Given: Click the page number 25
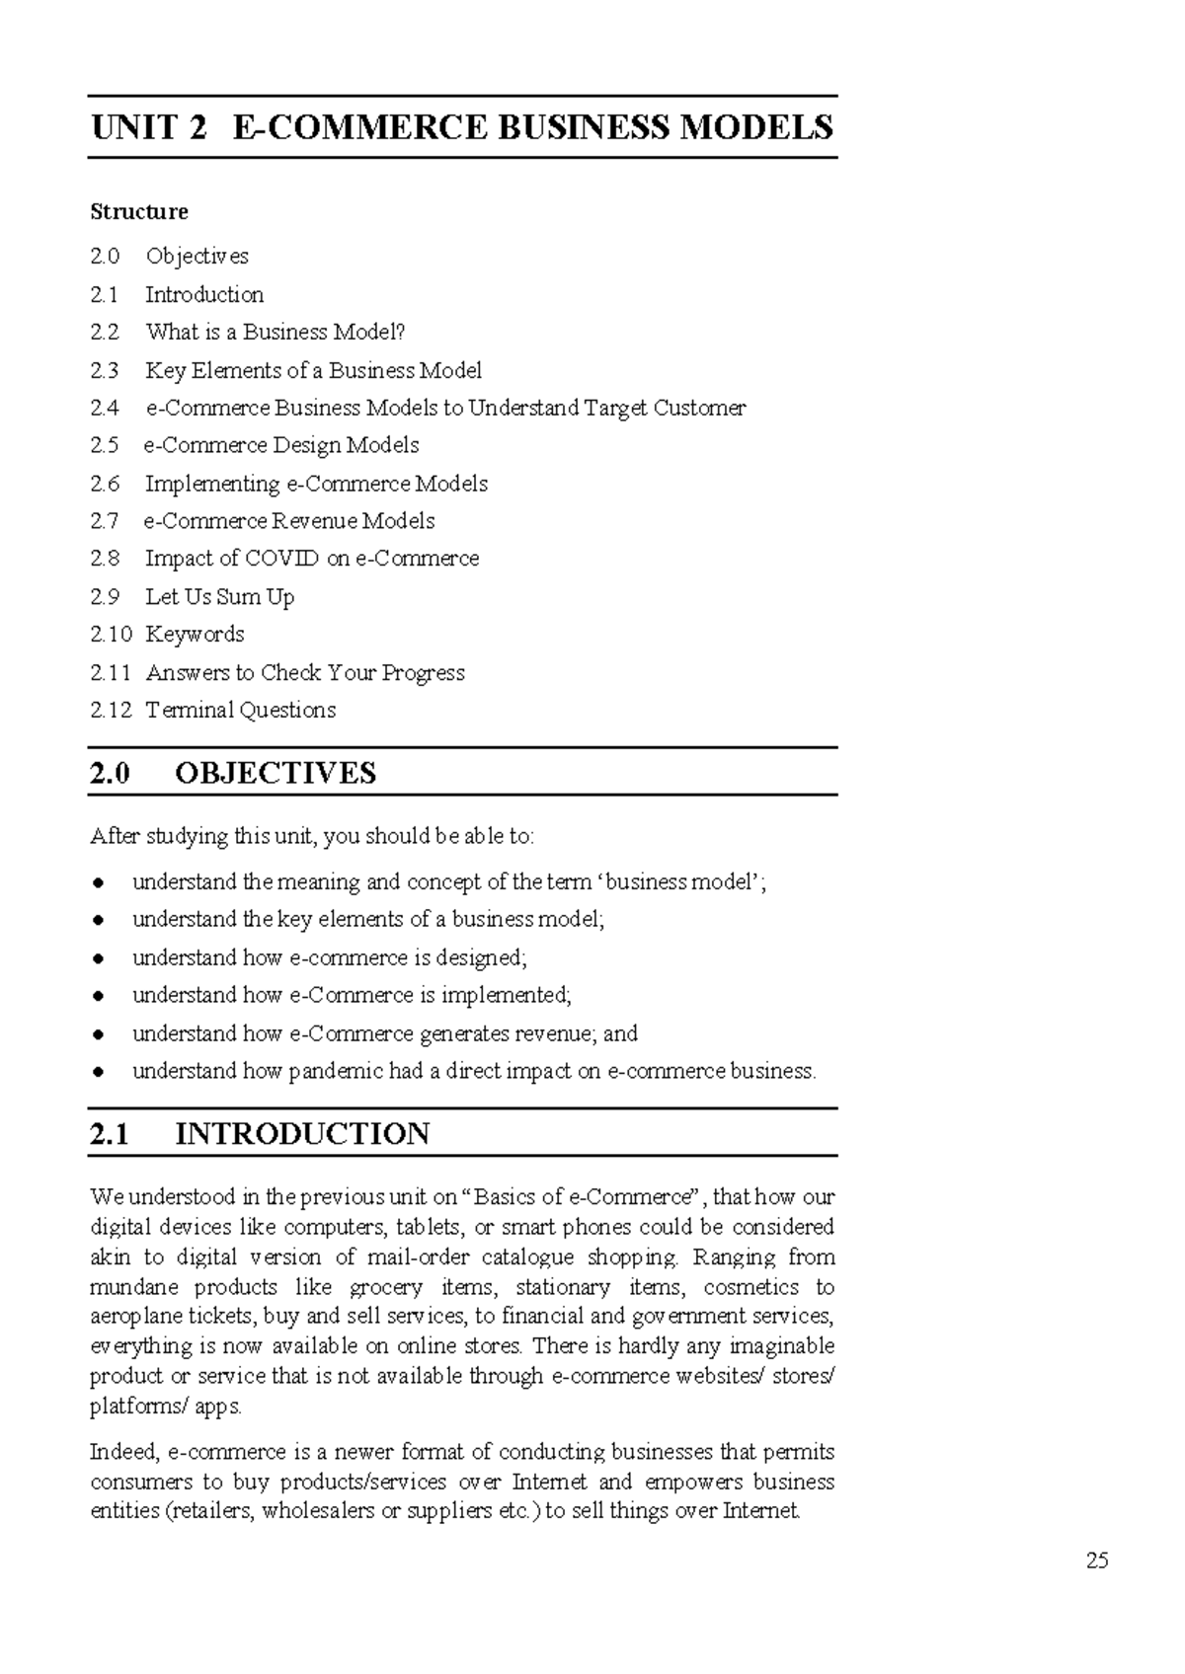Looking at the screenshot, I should point(1097,1560).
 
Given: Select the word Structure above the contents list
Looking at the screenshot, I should point(139,211).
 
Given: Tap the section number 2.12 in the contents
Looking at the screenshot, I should point(111,710).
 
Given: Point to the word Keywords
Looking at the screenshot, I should point(195,634).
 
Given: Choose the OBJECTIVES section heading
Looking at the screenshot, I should point(276,772).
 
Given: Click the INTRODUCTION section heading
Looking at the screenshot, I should point(302,1133).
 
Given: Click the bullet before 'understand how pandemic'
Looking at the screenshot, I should point(98,1072).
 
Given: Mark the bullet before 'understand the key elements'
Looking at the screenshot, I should point(98,920).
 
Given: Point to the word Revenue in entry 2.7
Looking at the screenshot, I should point(314,520).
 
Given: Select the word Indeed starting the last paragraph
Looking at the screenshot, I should point(124,1452).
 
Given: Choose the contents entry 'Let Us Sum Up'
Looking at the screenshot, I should point(219,596).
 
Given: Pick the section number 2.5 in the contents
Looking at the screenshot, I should point(105,445).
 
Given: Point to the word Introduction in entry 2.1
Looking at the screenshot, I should point(204,294).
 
